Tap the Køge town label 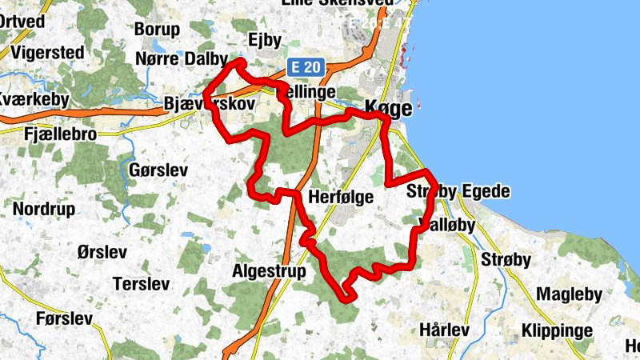[386, 107]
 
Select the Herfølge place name [341, 197]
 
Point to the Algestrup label [269, 271]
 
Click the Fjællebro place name [61, 134]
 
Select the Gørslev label [158, 170]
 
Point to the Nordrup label [44, 209]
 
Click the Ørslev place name [102, 252]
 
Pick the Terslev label [142, 283]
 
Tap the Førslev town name [65, 318]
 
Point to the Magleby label [568, 294]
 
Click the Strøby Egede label [458, 192]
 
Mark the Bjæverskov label [208, 104]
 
